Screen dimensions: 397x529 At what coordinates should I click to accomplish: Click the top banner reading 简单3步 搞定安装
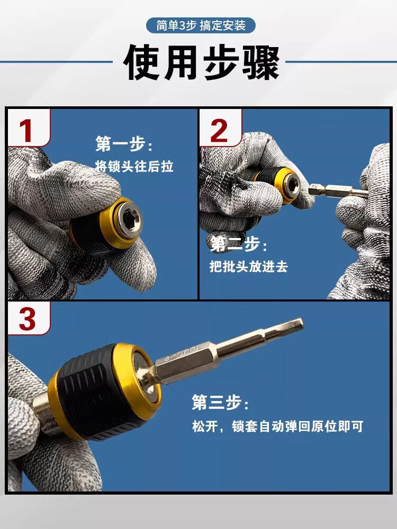point(201,25)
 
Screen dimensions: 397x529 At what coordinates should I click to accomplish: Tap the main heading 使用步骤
point(202,63)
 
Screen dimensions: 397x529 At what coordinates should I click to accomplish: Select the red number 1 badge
point(29,128)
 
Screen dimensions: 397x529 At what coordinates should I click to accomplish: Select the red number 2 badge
point(220,128)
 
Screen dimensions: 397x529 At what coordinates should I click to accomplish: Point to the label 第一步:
point(123,144)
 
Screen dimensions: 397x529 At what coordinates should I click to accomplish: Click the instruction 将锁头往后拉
point(134,166)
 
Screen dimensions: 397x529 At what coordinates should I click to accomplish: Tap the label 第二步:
point(239,244)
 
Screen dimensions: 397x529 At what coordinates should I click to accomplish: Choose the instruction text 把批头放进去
point(249,267)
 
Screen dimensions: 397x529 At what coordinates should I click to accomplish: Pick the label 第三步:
point(220,402)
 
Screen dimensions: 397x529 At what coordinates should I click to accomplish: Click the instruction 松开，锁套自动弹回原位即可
point(277,426)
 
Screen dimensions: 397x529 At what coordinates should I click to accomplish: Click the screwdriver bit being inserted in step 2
point(338,190)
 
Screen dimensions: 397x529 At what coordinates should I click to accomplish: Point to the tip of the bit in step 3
point(301,323)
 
